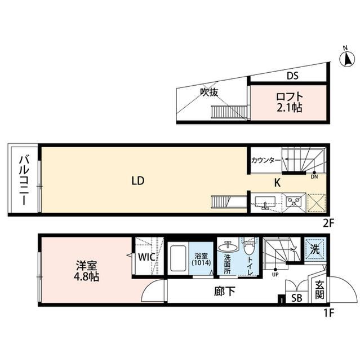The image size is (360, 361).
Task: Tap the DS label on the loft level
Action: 292,76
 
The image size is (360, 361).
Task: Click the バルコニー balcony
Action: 23,179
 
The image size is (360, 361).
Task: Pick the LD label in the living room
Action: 138,181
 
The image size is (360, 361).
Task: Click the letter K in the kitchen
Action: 277,182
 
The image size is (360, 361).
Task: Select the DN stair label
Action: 314,176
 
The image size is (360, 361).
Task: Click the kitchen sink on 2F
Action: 264,201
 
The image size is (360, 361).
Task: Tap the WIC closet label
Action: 147,257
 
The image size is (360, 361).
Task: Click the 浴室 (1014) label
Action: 201,258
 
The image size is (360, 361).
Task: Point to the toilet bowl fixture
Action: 249,249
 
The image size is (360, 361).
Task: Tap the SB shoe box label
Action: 295,298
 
